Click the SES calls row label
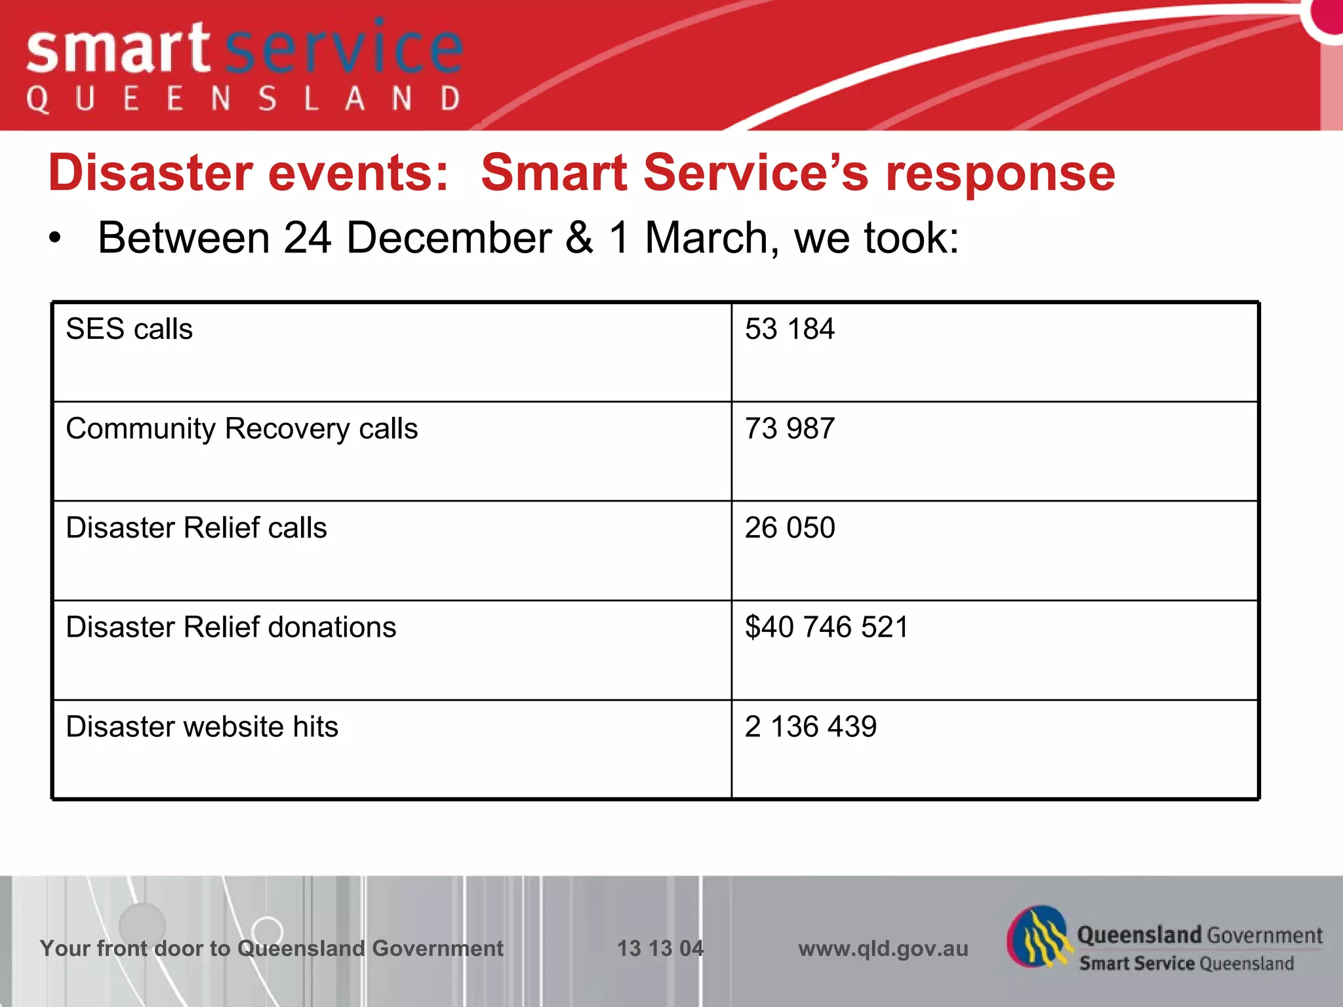[129, 329]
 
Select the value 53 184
[790, 329]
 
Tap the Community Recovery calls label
[241, 429]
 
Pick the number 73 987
[790, 429]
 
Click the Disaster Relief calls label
[196, 528]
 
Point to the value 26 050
[790, 528]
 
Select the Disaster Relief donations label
[231, 627]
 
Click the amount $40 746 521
[826, 627]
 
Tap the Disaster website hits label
[202, 727]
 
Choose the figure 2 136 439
[811, 727]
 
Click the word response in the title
[1000, 174]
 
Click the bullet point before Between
[56, 239]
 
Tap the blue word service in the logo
[344, 49]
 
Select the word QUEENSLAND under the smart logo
[243, 100]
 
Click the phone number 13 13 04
[660, 949]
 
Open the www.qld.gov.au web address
[883, 949]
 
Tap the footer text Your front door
[138, 949]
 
